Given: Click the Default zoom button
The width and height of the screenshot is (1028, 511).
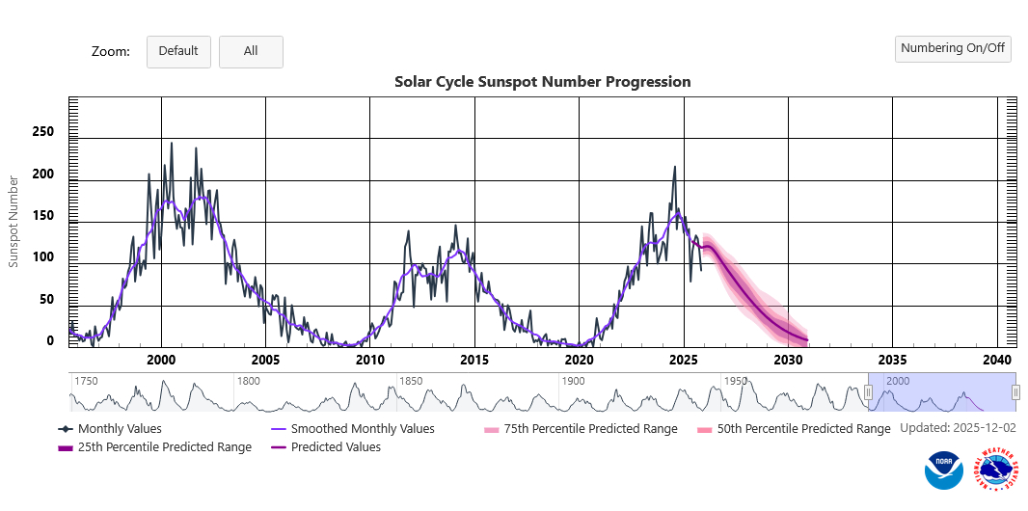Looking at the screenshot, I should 178,51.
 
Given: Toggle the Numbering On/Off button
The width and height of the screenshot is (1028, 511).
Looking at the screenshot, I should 953,48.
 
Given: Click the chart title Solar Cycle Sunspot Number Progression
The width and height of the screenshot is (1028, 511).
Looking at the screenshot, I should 542,82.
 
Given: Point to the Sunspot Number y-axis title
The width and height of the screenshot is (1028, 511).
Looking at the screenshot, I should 14,222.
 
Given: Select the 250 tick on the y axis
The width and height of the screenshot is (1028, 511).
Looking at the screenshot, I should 42,132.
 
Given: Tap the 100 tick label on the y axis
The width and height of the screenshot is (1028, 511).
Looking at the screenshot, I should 42,257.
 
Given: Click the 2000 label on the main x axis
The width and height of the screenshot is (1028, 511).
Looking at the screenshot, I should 160,360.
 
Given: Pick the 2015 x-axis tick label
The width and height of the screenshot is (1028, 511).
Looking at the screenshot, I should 473,360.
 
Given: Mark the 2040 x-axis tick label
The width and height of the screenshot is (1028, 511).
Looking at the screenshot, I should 997,360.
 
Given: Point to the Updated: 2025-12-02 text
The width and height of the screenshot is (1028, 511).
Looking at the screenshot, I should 958,427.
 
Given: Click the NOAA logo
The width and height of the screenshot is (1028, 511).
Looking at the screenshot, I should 943,471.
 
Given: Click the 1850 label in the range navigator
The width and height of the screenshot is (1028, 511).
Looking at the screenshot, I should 412,381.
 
